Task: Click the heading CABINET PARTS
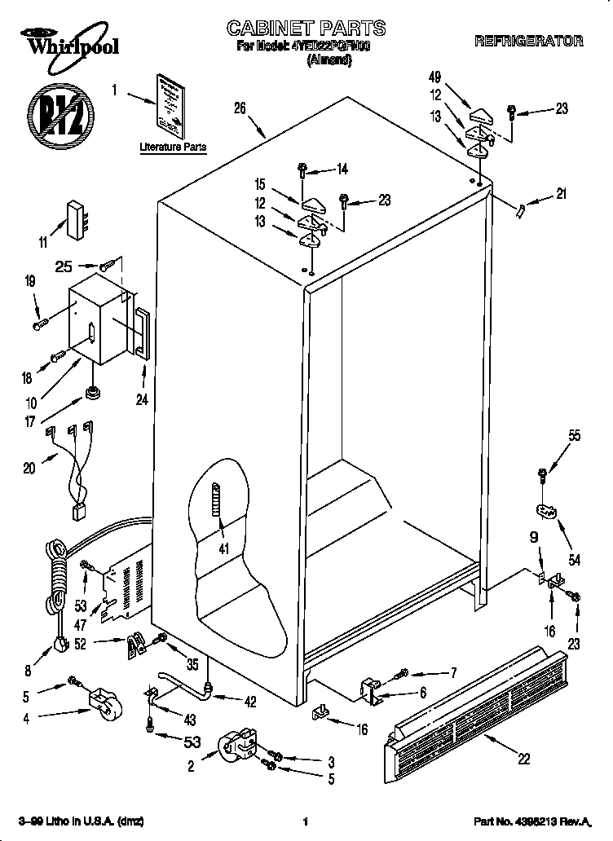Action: pos(306,29)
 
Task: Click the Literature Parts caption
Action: pos(173,148)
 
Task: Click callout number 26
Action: pos(240,108)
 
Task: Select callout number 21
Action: pos(560,194)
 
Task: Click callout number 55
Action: pos(574,436)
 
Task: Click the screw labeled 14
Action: pos(302,171)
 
